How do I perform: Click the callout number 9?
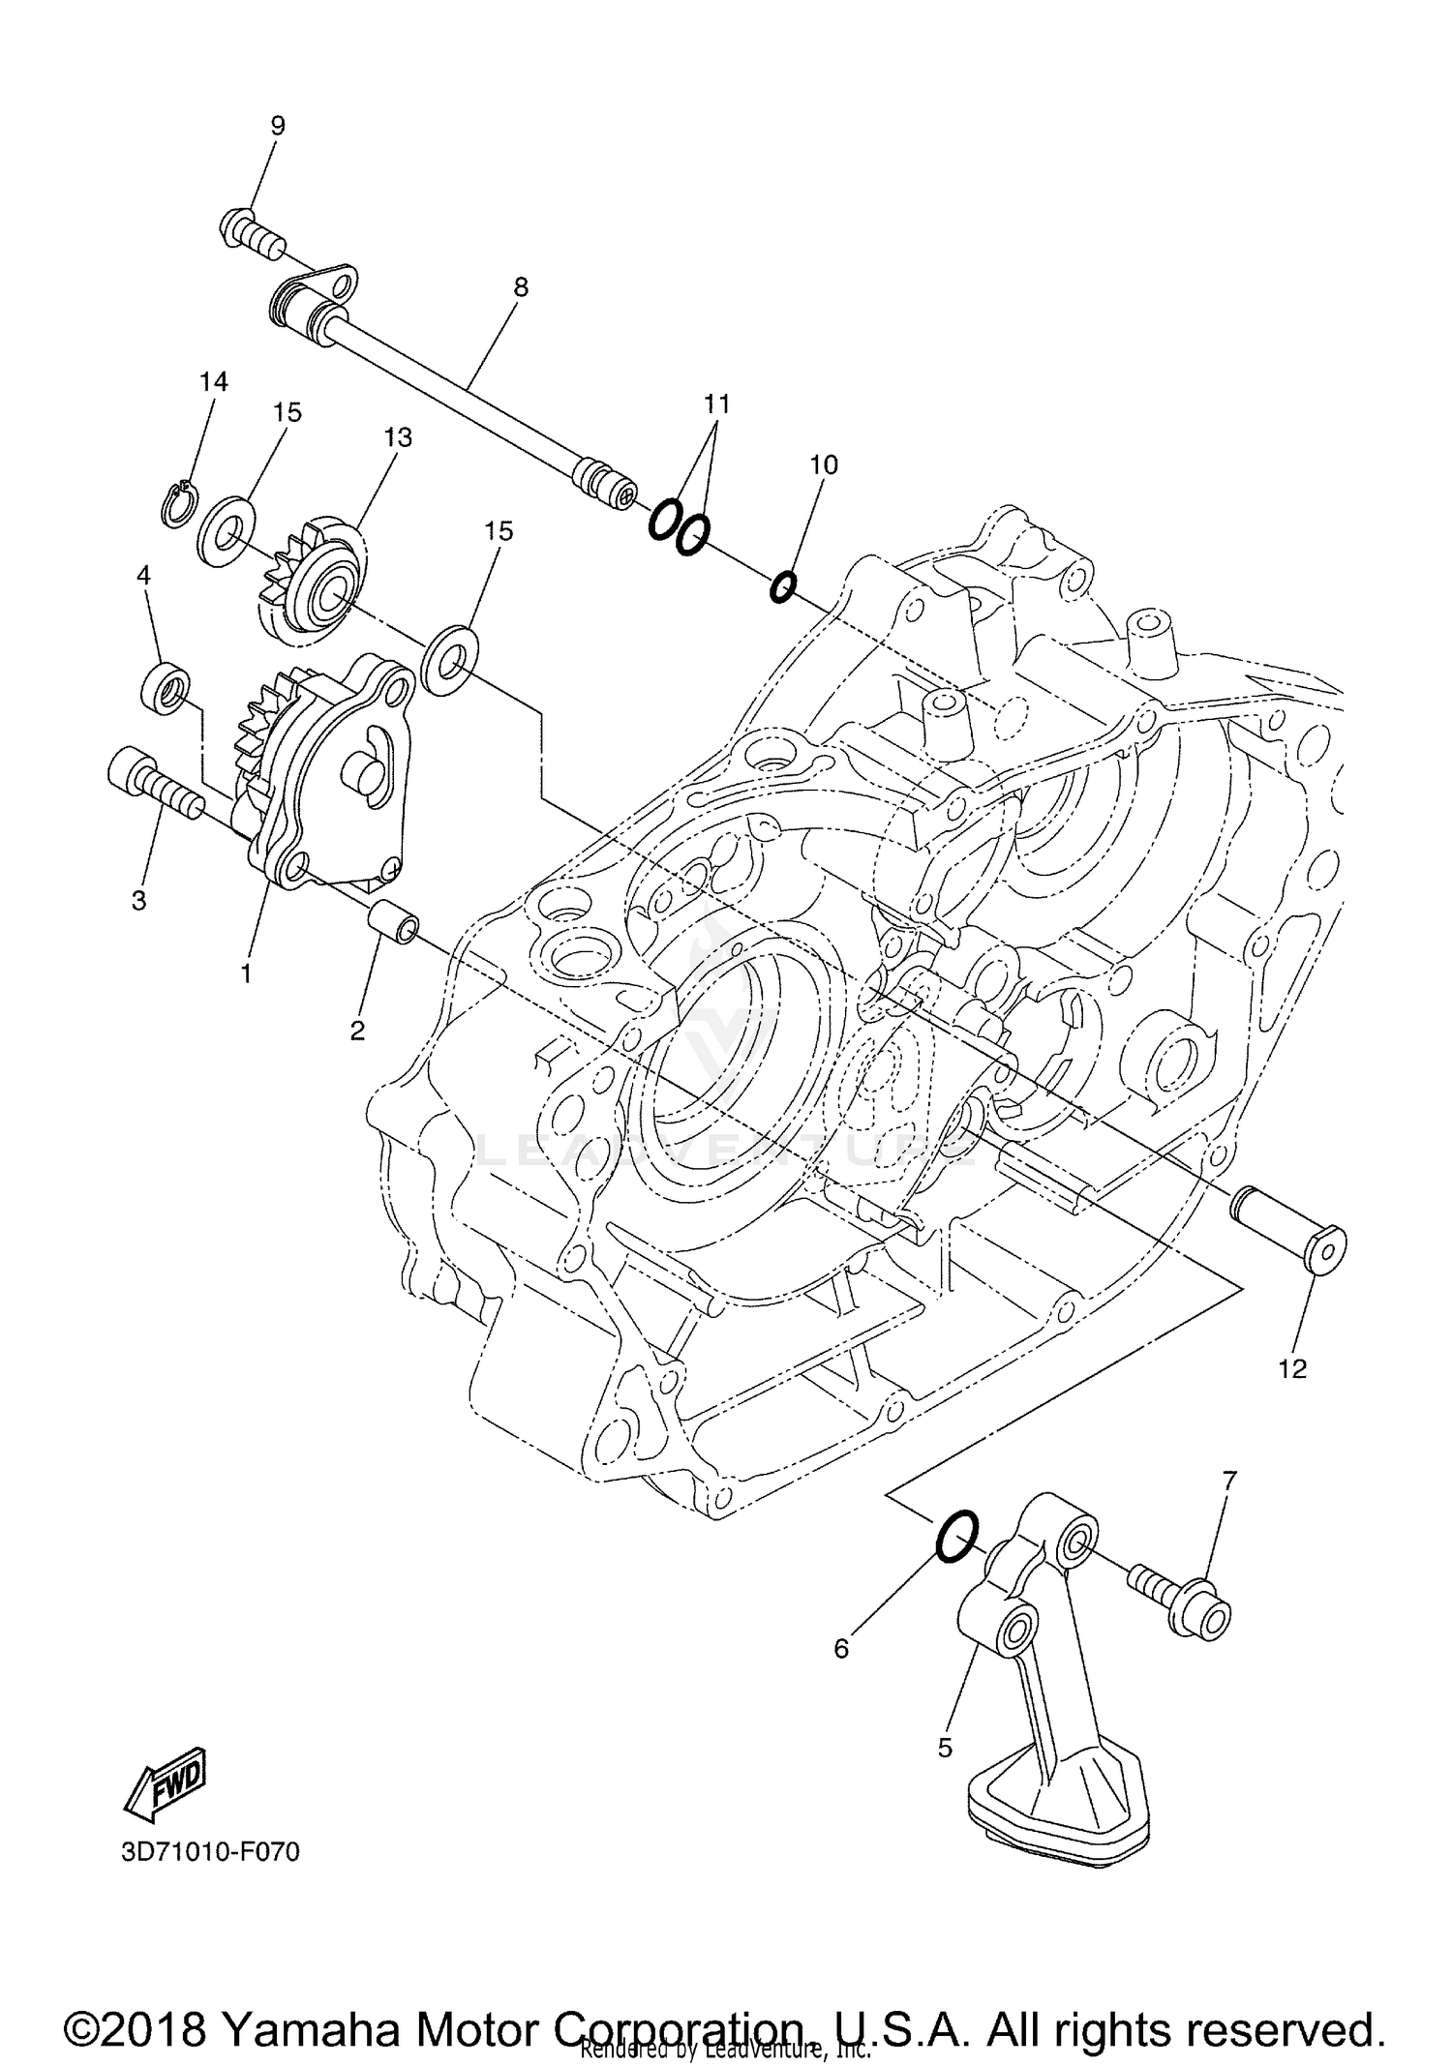[278, 125]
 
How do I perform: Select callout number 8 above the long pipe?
[521, 286]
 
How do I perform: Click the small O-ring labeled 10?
[783, 586]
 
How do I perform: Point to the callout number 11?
[716, 404]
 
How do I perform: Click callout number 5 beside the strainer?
[946, 1748]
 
